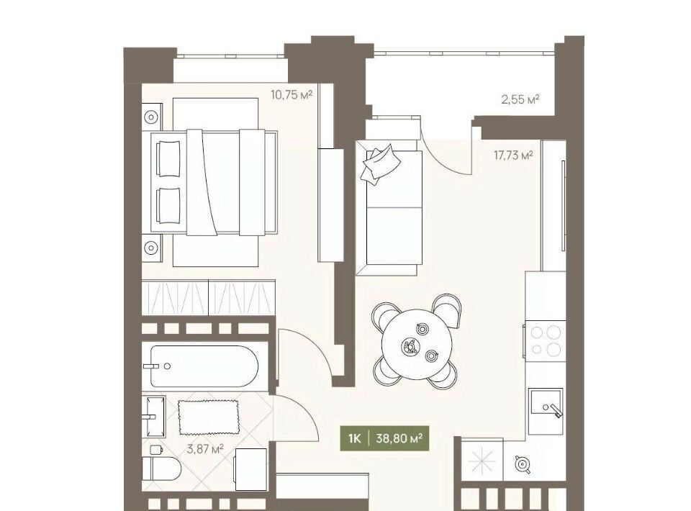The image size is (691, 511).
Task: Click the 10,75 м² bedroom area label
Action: [292, 94]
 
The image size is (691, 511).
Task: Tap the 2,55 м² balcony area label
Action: [520, 99]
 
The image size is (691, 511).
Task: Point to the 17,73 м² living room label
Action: [513, 155]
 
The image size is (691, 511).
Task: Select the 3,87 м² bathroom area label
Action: [205, 449]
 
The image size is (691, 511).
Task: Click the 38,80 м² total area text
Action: [399, 438]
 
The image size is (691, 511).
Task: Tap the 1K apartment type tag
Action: [354, 438]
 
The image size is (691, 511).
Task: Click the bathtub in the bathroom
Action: [204, 366]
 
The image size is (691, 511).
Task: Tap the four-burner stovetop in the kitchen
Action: [545, 341]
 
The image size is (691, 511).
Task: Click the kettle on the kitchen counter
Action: [522, 464]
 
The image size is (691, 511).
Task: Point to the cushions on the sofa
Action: [380, 163]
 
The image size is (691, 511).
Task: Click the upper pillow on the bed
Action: [168, 158]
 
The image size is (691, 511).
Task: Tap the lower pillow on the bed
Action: [168, 206]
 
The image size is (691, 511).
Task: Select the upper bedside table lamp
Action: [151, 117]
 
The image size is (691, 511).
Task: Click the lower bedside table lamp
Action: [151, 248]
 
